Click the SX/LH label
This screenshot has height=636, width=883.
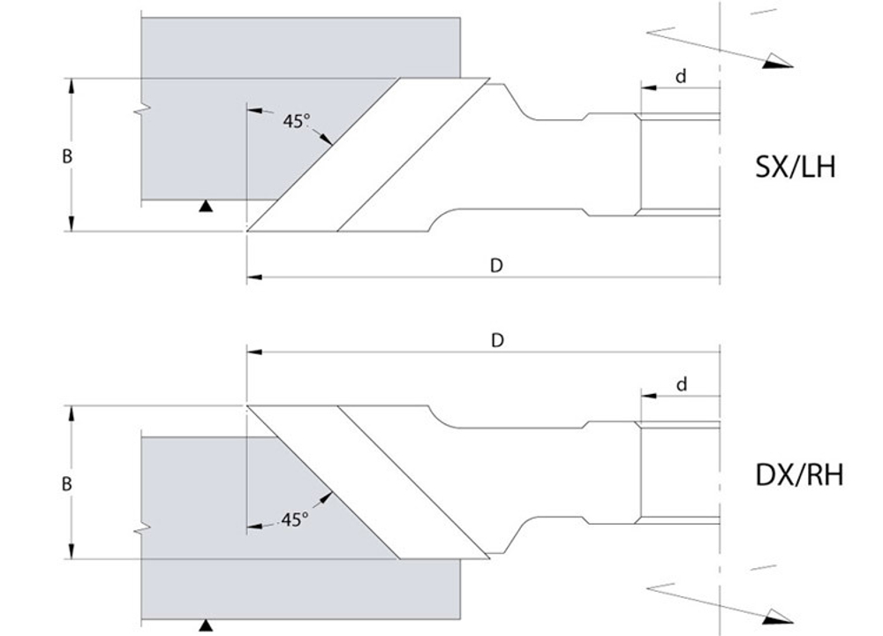click(795, 167)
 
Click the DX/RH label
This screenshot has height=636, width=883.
click(799, 475)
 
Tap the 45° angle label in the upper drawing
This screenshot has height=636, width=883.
click(296, 121)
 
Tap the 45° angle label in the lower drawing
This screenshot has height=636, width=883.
click(295, 519)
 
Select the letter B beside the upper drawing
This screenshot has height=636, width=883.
click(67, 156)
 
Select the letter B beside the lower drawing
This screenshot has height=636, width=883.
click(66, 484)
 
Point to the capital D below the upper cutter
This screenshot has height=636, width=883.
click(496, 265)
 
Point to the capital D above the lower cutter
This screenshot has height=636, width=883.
click(497, 340)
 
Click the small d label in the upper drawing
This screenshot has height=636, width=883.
click(681, 75)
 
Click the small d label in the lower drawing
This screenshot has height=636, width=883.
click(682, 384)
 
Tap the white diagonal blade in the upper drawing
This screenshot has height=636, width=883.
click(368, 155)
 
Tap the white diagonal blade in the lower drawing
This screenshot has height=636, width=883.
click(368, 482)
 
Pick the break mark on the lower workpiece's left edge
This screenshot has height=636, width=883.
click(141, 528)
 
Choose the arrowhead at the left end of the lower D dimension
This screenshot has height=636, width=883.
click(254, 352)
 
